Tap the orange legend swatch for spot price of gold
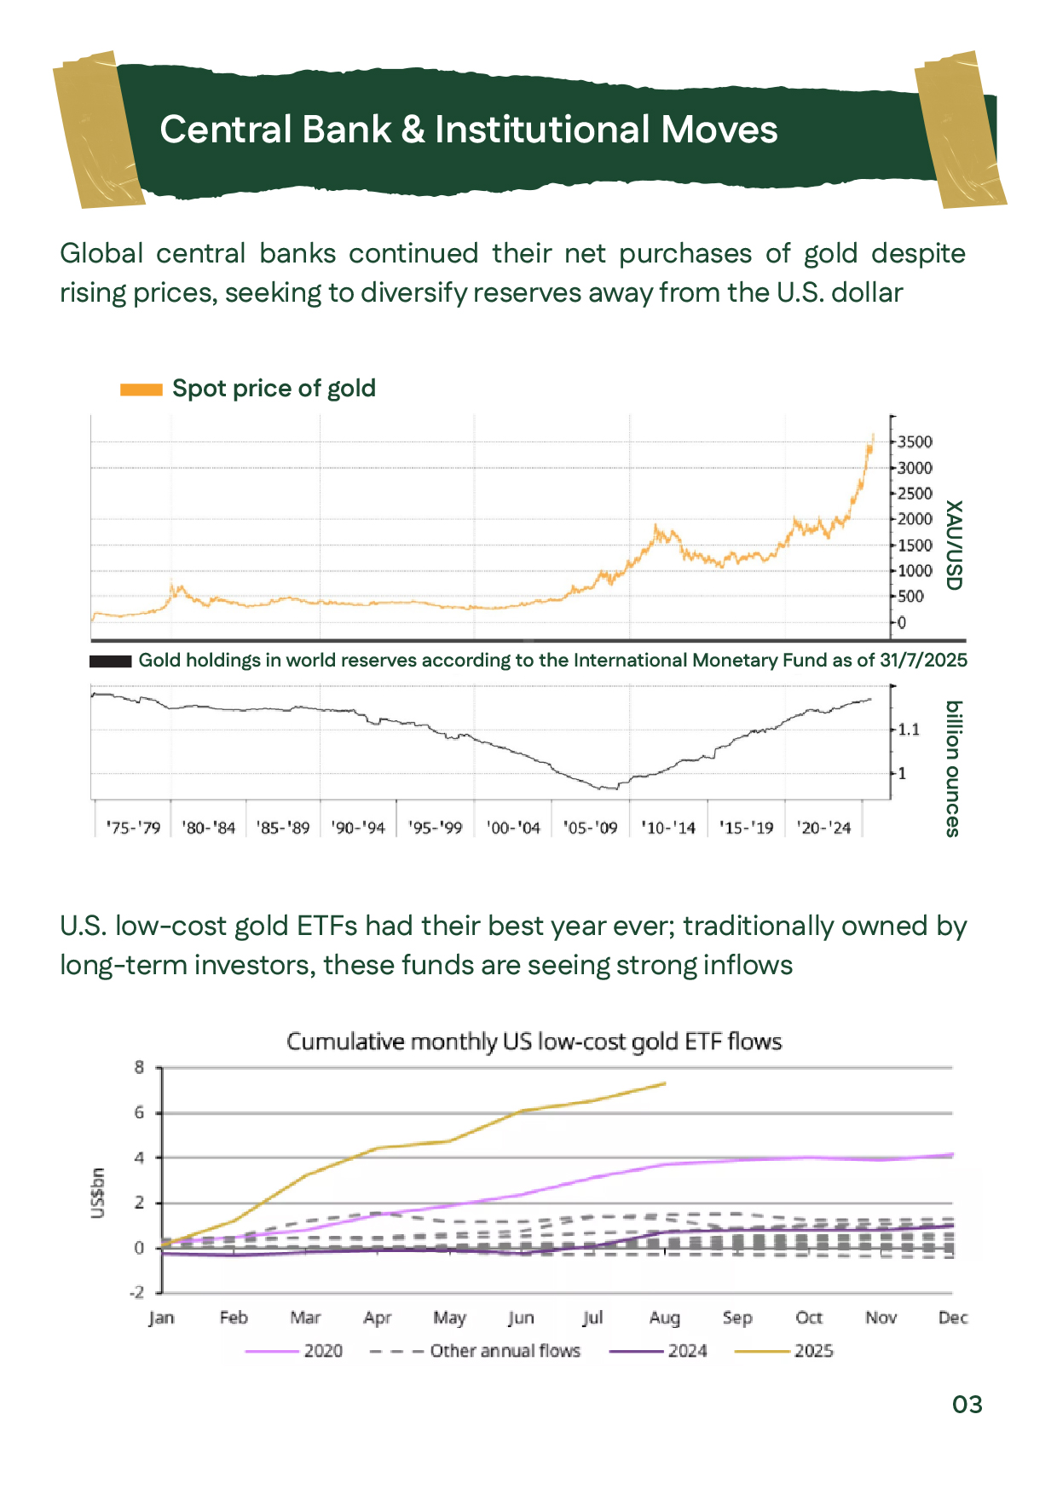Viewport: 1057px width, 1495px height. click(x=141, y=390)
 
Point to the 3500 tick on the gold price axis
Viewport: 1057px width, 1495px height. click(x=915, y=442)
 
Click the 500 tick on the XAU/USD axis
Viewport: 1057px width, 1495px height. click(x=910, y=597)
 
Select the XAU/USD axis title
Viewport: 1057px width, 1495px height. click(x=954, y=545)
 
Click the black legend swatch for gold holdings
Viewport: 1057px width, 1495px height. click(x=110, y=661)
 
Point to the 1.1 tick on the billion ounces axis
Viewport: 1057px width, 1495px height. click(x=909, y=730)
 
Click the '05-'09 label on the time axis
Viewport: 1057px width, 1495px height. click(x=590, y=828)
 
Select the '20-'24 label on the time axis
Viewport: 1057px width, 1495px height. click(x=823, y=828)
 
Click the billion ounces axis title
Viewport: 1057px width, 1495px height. click(x=954, y=769)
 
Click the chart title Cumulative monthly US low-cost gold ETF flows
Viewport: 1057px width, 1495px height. click(x=534, y=1042)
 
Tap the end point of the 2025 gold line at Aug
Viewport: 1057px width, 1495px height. click(x=664, y=1083)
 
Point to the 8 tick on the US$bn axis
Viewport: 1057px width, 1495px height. click(x=139, y=1067)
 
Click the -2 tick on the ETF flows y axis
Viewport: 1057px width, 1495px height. click(x=136, y=1292)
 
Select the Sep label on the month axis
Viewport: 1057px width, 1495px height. click(x=737, y=1318)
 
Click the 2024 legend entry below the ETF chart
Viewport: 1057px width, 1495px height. click(x=687, y=1351)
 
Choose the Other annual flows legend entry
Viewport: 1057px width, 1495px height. click(x=505, y=1351)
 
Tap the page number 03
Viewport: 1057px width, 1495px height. click(x=967, y=1405)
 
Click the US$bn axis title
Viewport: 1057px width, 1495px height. click(x=98, y=1193)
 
